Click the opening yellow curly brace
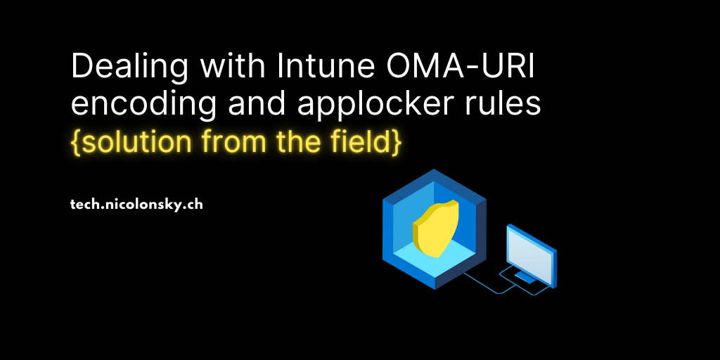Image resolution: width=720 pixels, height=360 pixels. [x=76, y=142]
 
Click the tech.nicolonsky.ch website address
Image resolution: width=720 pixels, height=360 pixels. [x=137, y=205]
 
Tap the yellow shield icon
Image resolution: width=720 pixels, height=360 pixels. [x=435, y=224]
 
